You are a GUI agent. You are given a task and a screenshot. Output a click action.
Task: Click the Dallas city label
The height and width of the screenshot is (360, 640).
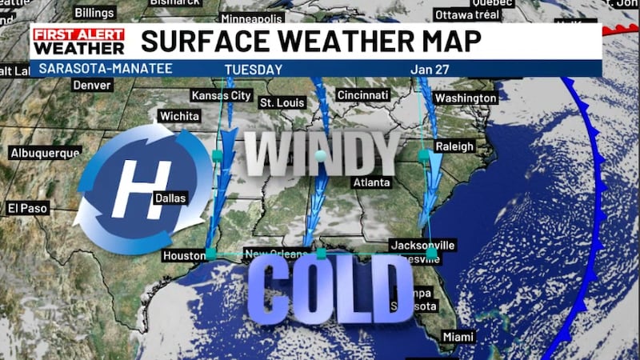tap(170, 198)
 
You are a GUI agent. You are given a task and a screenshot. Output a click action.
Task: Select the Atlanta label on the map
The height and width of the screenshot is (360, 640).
tap(373, 182)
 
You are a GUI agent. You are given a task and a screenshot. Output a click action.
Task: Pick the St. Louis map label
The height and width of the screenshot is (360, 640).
tap(279, 102)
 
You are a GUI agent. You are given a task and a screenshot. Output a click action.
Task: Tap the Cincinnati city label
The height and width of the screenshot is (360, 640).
tap(364, 95)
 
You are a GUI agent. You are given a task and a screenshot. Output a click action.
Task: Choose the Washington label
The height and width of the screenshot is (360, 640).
tap(465, 98)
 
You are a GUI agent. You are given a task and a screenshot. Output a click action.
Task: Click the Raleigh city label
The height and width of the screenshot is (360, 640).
tap(454, 146)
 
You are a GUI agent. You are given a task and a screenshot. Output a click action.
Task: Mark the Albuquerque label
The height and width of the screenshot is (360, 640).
tap(46, 152)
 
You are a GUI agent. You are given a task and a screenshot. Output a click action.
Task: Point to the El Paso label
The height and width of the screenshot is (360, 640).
tap(28, 208)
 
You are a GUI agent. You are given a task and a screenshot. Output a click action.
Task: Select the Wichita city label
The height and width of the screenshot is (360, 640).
tap(179, 116)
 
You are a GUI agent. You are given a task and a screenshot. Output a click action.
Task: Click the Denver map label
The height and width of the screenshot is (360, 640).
tap(91, 85)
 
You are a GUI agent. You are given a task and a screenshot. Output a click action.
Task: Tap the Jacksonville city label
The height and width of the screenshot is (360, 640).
tap(422, 245)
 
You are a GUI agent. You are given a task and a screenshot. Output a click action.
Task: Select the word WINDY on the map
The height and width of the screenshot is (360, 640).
tap(321, 154)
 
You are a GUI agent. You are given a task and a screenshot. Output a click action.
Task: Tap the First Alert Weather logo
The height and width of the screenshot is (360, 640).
tap(78, 42)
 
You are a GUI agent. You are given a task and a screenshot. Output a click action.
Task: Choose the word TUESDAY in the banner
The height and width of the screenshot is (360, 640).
tap(254, 70)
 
